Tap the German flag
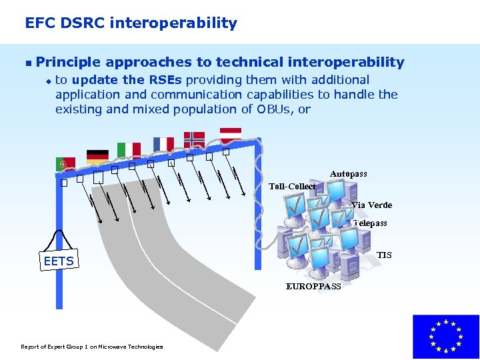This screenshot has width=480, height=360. point(98,156)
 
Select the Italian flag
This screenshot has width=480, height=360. point(129,149)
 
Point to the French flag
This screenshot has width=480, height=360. point(163,143)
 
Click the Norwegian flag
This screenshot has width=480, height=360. point(194,139)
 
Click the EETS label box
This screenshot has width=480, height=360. point(59,261)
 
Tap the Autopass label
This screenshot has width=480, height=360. point(348,174)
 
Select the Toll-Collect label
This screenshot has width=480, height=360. point(292,187)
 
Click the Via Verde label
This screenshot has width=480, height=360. point(371,205)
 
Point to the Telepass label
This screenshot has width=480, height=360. point(370,223)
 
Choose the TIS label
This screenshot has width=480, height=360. point(384,255)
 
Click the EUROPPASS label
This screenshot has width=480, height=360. point(313,287)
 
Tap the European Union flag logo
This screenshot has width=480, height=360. point(446,337)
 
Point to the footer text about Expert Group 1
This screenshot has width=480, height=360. point(92,347)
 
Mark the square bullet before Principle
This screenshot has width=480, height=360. point(27,63)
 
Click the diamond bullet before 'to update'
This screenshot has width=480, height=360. point(48,81)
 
